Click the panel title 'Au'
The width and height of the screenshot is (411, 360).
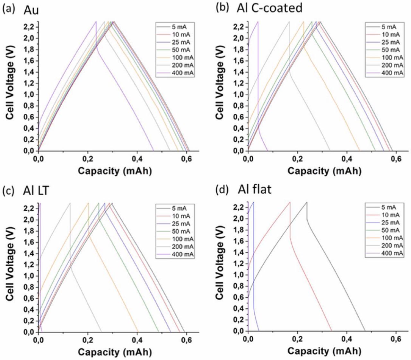tap(31, 10)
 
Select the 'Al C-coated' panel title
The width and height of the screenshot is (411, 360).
tap(269, 8)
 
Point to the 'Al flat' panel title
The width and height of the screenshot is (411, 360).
tap(254, 189)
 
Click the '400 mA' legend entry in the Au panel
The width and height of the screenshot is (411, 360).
tap(182, 73)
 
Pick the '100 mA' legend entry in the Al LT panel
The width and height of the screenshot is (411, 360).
tap(182, 239)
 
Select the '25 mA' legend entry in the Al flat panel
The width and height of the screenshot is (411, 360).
tap(391, 223)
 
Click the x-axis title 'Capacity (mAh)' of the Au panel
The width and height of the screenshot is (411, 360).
tap(115, 171)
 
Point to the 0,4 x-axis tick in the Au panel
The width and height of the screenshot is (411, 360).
tap(137, 159)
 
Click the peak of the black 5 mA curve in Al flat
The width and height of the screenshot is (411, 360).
tap(307, 202)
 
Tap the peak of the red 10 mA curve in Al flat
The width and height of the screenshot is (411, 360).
tap(290, 202)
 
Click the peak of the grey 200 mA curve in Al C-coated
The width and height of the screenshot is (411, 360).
tap(289, 22)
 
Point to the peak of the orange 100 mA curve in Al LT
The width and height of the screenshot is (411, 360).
tap(88, 203)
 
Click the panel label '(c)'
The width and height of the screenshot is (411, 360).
tap(7, 191)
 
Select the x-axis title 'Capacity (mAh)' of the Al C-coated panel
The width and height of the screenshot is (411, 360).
tap(324, 171)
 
